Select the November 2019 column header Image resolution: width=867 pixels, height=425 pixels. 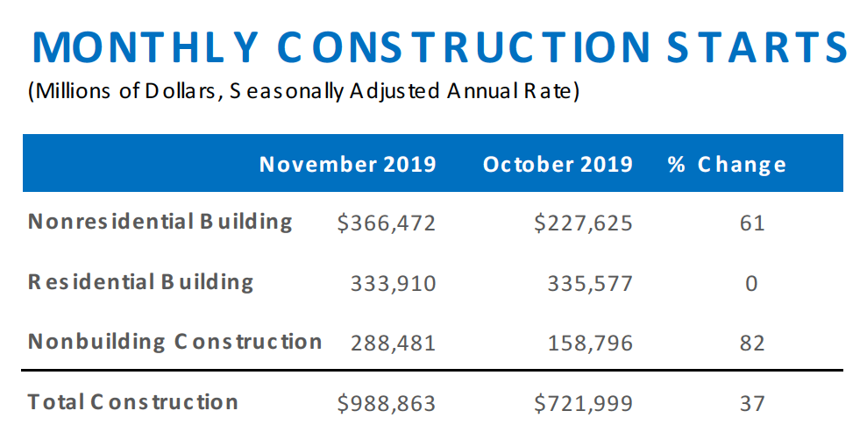(x=347, y=164)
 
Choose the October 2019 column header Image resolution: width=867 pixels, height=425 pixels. (x=558, y=164)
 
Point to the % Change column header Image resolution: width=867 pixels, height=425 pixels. (x=727, y=164)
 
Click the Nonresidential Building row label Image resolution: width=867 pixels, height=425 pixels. (x=160, y=221)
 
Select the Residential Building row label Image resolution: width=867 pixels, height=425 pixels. (x=140, y=282)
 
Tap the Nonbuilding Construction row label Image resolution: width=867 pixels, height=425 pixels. (x=174, y=341)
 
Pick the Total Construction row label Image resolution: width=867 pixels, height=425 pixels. (x=133, y=402)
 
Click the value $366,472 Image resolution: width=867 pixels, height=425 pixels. (x=386, y=223)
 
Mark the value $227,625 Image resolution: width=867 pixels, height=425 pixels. (x=583, y=223)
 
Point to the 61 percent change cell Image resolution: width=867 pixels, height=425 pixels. (x=751, y=223)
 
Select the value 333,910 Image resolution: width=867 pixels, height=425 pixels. (x=392, y=283)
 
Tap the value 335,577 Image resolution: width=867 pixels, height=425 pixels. (x=588, y=283)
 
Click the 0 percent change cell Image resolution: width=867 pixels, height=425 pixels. (x=751, y=283)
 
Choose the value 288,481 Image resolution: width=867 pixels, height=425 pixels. (x=392, y=342)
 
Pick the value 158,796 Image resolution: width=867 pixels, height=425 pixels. (x=588, y=342)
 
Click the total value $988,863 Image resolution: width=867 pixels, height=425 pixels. (x=386, y=403)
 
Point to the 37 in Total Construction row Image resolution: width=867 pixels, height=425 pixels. (x=751, y=403)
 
